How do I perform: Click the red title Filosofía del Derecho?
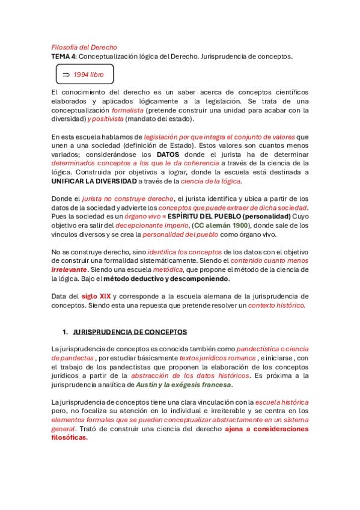pos(84,47)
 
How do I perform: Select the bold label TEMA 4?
pos(64,57)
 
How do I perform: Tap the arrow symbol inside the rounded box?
pos(66,75)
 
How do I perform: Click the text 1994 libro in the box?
pos(88,75)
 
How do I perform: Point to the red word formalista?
pos(127,110)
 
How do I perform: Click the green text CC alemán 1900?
pos(220,225)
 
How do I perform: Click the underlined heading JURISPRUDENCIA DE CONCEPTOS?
pos(130,331)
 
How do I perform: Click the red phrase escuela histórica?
pos(282,402)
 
